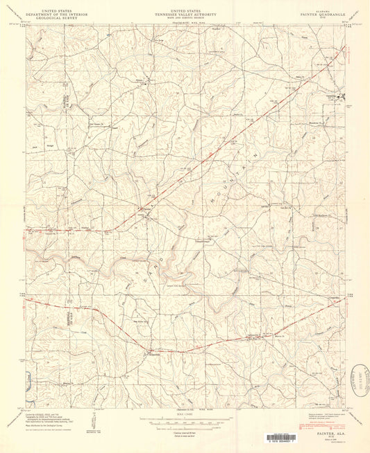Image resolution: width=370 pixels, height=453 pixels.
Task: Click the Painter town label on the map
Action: (x=147, y=207)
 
